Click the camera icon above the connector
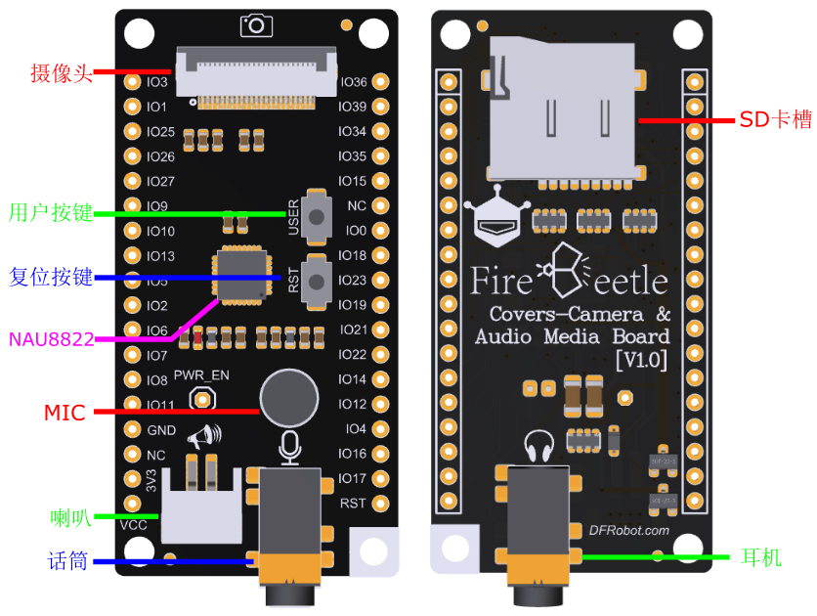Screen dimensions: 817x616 (x=257, y=24)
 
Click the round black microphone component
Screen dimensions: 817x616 (x=289, y=397)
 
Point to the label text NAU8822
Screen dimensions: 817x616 (x=52, y=340)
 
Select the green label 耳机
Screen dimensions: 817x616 (x=760, y=557)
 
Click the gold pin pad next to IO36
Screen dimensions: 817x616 (x=380, y=82)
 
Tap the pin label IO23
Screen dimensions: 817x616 (x=353, y=281)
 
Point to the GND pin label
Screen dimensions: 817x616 (x=161, y=430)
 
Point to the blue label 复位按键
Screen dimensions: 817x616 (x=50, y=277)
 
